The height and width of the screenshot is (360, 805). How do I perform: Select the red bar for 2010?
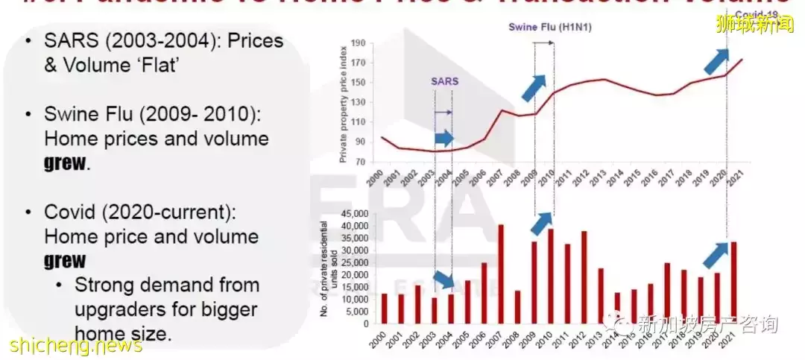tap(551, 277)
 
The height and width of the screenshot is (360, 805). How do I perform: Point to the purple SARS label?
tap(444, 80)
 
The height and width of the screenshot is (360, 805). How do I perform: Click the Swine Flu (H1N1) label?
tap(543, 27)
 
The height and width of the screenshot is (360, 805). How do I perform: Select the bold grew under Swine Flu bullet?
tap(65, 163)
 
